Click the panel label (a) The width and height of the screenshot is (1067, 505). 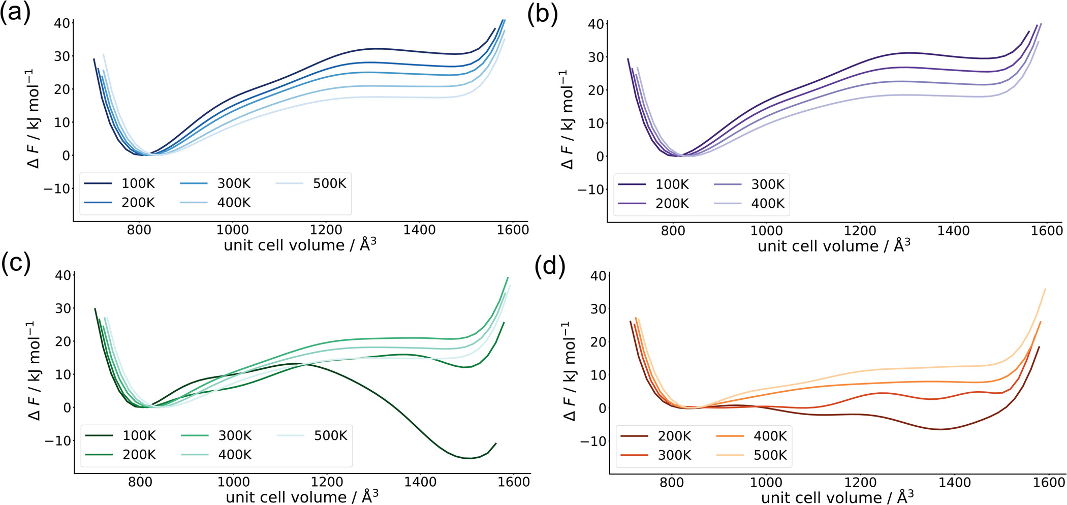(15, 12)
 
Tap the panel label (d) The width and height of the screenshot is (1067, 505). (550, 266)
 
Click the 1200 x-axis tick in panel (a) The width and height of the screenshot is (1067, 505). (326, 230)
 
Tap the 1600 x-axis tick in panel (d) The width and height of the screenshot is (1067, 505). (1049, 482)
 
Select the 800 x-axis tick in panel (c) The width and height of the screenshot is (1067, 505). (140, 482)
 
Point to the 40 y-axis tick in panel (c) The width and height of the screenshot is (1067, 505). (63, 275)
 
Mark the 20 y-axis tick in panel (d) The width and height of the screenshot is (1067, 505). (599, 342)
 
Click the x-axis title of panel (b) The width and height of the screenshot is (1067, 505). (834, 246)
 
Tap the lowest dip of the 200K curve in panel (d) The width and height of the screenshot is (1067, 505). (940, 429)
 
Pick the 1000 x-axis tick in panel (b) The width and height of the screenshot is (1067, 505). (767, 231)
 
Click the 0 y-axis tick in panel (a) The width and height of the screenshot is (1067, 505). (66, 155)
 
